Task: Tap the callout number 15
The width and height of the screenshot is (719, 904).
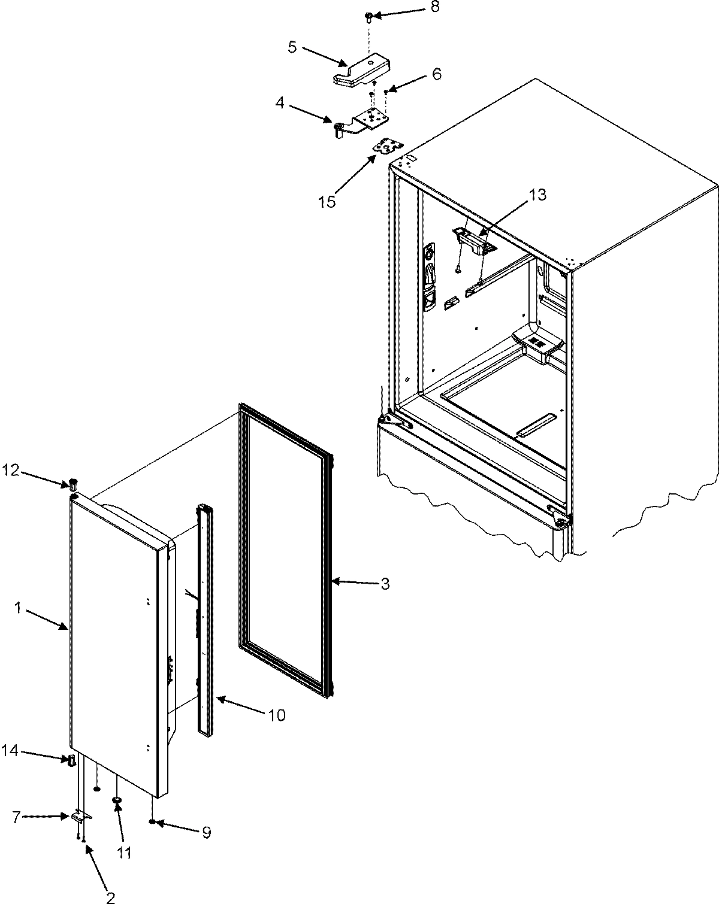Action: coord(327,201)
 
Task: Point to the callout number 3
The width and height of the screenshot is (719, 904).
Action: coord(385,583)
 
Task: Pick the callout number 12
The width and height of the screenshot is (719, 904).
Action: coord(11,472)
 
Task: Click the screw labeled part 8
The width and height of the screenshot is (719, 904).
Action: coord(370,16)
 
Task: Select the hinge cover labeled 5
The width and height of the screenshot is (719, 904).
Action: coord(359,72)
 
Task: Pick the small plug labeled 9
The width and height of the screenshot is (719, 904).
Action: coord(154,821)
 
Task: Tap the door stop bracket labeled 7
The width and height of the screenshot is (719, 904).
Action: coord(81,816)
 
